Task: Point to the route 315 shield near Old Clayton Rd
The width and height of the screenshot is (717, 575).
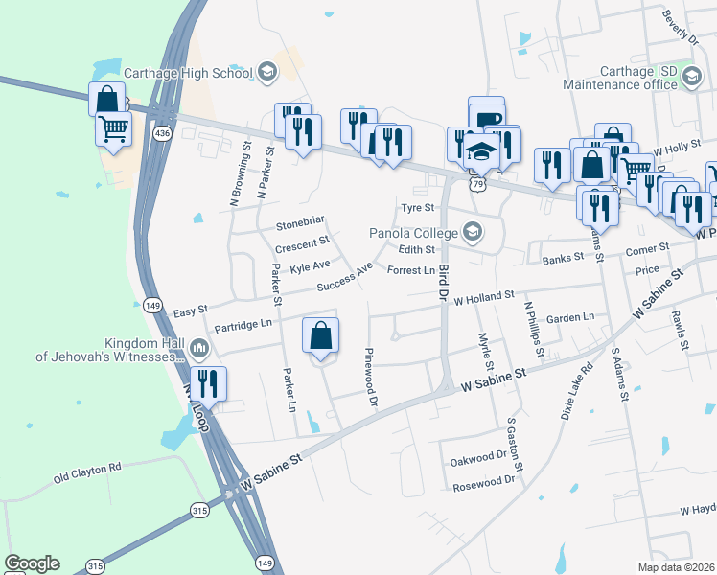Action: (198, 510)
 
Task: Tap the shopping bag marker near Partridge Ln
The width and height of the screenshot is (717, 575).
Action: (321, 337)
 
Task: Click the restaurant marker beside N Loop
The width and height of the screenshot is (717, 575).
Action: (208, 385)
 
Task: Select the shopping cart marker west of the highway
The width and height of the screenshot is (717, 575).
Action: (114, 129)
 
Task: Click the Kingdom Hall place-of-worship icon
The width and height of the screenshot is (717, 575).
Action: (198, 346)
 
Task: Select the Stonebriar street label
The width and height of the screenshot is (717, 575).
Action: (301, 225)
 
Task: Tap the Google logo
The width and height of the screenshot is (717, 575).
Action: (32, 563)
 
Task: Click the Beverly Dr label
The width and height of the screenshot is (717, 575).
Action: (680, 27)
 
